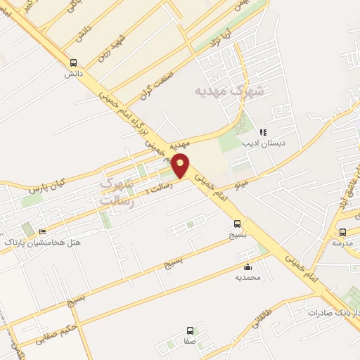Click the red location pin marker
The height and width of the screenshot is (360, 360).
tap(181, 165)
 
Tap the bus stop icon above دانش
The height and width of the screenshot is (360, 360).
tap(74, 62)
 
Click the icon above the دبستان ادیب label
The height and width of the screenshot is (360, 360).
tap(263, 132)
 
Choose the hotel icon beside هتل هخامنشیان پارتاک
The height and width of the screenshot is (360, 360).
tap(43, 233)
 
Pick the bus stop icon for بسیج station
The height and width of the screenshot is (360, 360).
tap(238, 224)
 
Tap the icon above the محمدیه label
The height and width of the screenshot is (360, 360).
tap(247, 267)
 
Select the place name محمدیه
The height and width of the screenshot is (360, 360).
tap(247, 278)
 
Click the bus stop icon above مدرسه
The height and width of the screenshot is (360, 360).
tap(342, 232)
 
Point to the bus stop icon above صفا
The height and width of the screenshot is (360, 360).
tap(189, 330)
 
